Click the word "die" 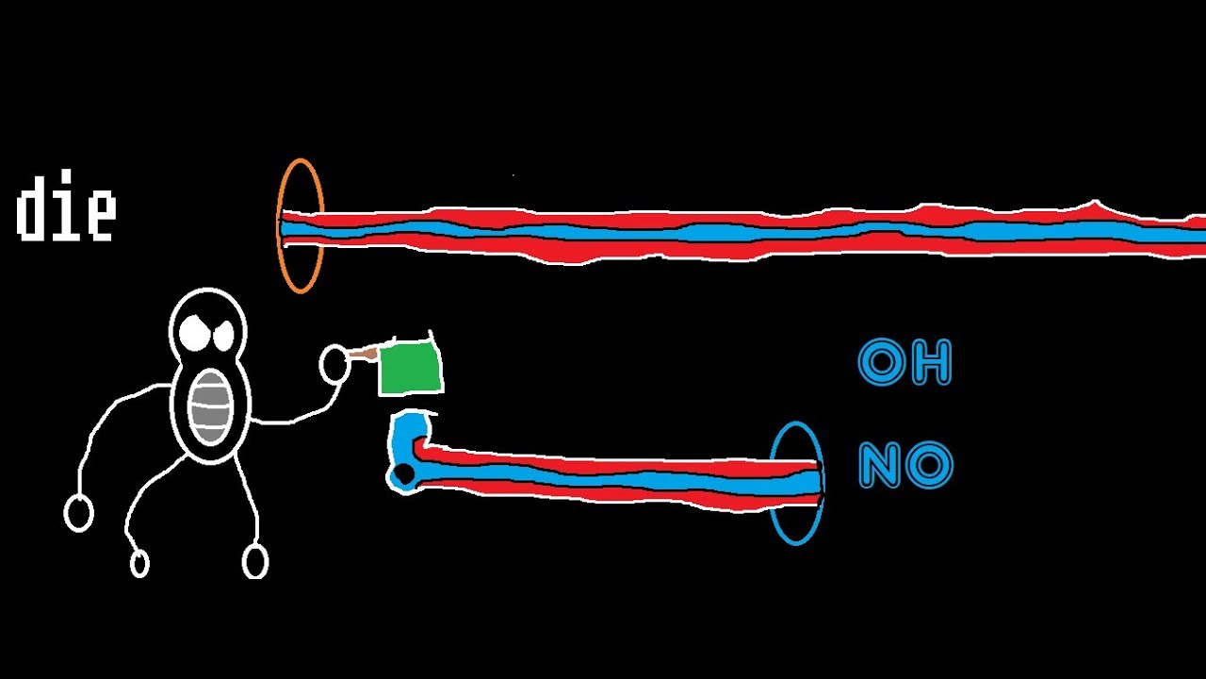click(66, 206)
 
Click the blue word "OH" click(904, 361)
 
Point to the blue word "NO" click(905, 464)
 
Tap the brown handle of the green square click(365, 354)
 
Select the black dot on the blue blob click(403, 474)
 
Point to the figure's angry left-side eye click(193, 332)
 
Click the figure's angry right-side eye click(224, 334)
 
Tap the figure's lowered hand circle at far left click(78, 514)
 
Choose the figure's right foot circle click(254, 561)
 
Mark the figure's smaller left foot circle click(139, 564)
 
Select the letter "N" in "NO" click(880, 465)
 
